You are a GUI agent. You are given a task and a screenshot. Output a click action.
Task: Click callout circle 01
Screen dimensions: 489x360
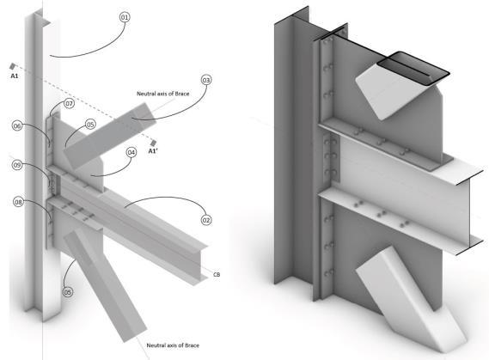coord(125,17)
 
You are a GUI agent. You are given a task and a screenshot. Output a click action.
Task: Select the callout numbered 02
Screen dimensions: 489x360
coord(206,220)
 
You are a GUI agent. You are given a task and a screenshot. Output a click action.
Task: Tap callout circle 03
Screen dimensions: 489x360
coord(206,80)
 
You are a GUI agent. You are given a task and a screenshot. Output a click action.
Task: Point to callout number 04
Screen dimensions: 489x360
coord(131,152)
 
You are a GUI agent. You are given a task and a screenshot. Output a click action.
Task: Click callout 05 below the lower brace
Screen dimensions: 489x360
coord(67,292)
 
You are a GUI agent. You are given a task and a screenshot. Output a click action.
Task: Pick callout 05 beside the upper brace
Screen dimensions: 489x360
coord(90,125)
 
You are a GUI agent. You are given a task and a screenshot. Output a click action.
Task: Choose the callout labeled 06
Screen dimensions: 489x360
coord(17,126)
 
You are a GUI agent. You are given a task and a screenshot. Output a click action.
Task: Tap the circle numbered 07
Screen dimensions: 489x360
coord(70,103)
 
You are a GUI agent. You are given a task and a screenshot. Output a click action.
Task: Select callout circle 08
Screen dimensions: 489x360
coord(18,202)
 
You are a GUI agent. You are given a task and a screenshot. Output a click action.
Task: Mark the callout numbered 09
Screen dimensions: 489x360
coord(17,165)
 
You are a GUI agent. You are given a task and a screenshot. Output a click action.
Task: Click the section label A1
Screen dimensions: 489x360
coord(15,76)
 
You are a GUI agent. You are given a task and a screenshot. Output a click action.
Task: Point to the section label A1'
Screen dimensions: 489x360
coord(153,151)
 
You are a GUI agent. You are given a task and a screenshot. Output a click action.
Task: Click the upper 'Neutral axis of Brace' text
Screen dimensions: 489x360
coord(162,94)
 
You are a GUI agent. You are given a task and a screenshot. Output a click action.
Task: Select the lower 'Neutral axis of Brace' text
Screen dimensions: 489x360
coord(173,345)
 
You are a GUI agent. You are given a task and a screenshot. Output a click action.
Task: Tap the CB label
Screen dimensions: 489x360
coord(217,275)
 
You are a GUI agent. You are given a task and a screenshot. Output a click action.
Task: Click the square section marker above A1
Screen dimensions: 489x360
coord(13,66)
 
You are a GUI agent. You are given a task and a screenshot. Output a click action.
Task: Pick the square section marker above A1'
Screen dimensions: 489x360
coord(153,143)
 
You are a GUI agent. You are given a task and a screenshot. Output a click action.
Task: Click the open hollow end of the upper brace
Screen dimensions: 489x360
coord(413,68)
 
